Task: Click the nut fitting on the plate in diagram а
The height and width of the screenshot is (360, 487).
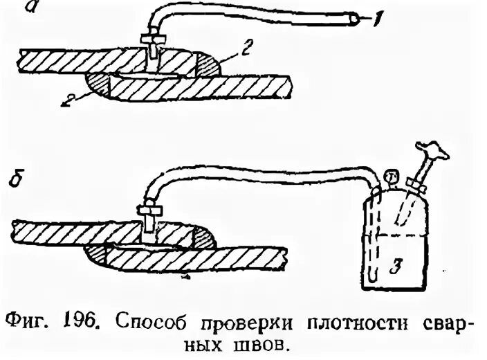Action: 151,42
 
